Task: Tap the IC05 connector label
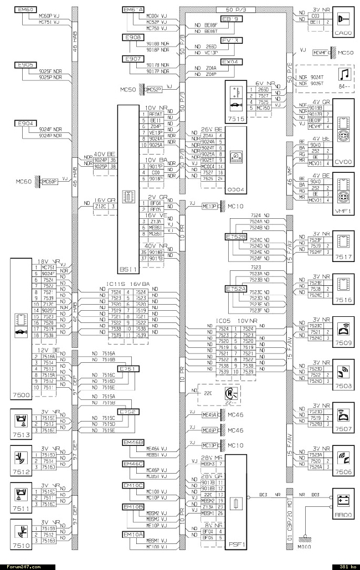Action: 223,321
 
